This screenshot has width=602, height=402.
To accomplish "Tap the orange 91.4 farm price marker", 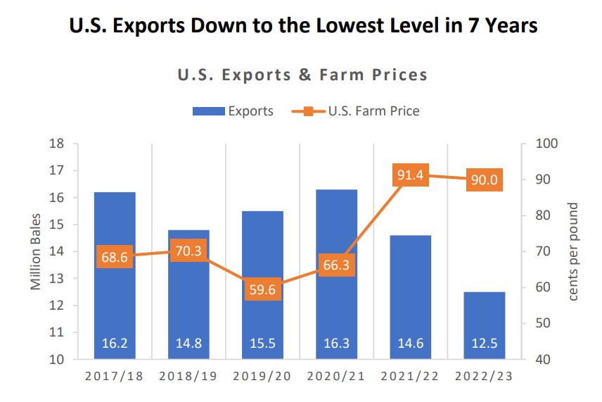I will [x=411, y=175].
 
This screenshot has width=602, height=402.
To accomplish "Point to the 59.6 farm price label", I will [x=262, y=290].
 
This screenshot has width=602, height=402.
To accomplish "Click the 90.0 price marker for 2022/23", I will [x=485, y=180].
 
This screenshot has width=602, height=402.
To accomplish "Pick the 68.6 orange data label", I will [x=115, y=258].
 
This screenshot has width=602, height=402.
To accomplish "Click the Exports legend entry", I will [x=233, y=111].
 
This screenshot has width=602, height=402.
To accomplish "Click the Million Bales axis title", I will [x=36, y=252].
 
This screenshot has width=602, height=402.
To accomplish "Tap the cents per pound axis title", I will [x=573, y=252].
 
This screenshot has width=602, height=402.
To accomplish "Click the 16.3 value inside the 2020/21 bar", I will [x=337, y=344].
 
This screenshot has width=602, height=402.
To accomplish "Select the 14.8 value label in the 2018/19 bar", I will [x=188, y=344].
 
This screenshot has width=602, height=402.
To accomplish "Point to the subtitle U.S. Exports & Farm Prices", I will [x=302, y=75].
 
